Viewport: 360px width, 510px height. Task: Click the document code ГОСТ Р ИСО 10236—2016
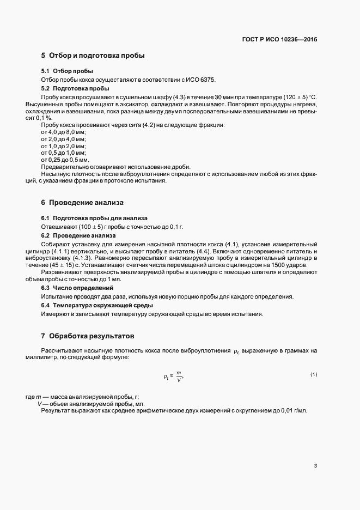coord(279,40)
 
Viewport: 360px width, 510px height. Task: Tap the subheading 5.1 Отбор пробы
coord(67,71)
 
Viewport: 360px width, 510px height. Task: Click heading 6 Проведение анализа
coord(82,203)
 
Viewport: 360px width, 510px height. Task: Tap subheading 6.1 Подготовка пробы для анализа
coord(87,218)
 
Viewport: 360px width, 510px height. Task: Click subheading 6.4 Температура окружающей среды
coord(93,305)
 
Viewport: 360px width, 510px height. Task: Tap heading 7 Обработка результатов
coord(88,336)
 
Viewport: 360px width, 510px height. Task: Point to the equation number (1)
coord(314,374)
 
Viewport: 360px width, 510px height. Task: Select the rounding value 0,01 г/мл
coord(294,410)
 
